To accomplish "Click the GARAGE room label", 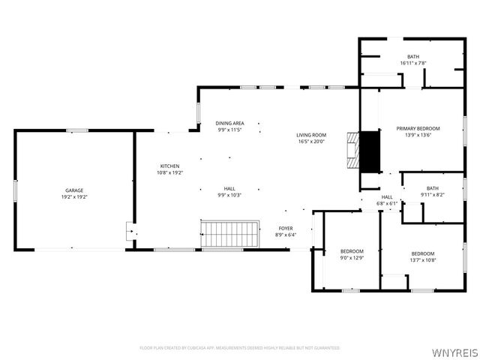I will click(x=73, y=190).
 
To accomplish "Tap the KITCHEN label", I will click(x=169, y=166).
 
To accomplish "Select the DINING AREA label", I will click(x=230, y=123).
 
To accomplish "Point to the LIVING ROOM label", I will click(x=311, y=135).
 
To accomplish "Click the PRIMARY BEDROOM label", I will click(x=418, y=128).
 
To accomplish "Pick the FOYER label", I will click(x=286, y=228).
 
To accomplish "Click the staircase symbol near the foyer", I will click(x=229, y=233).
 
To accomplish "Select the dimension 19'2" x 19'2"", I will click(x=73, y=197).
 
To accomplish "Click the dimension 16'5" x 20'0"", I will click(x=311, y=142).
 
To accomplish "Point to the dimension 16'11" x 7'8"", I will click(x=413, y=63).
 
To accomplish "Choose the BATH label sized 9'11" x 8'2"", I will click(x=432, y=188).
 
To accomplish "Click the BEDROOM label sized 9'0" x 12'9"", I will click(x=352, y=251).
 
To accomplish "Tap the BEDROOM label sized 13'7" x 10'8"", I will click(x=423, y=253).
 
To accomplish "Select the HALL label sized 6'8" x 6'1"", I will click(x=387, y=196).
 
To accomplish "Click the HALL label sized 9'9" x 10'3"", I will click(x=230, y=188).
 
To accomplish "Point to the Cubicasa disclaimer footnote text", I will click(x=240, y=348).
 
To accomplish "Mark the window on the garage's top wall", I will click(x=77, y=131).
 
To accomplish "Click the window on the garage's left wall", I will click(x=15, y=190).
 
